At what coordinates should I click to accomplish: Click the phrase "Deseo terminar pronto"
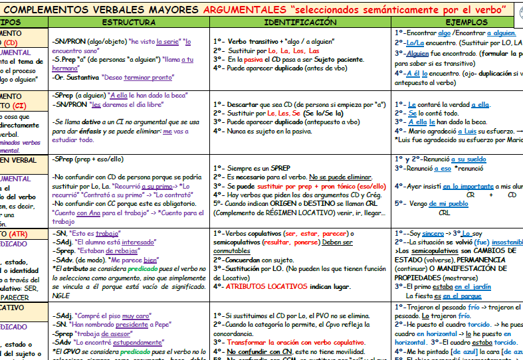pyautogui.click(x=136, y=77)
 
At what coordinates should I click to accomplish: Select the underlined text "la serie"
pyautogui.click(x=167, y=41)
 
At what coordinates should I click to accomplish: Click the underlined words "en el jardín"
pyautogui.click(x=473, y=286)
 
